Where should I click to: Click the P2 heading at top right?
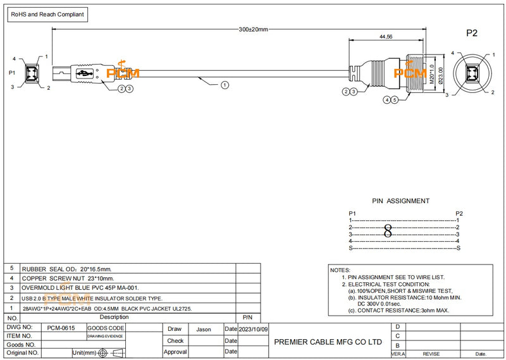472,33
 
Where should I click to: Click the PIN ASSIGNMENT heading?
400,201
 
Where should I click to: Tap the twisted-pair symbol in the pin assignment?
388,231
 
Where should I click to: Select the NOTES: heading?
340,270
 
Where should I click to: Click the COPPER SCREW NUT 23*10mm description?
68,278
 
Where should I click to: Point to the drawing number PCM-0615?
61,328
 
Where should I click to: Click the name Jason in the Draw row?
204,329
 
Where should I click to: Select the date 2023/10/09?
254,329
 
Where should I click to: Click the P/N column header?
247,317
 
